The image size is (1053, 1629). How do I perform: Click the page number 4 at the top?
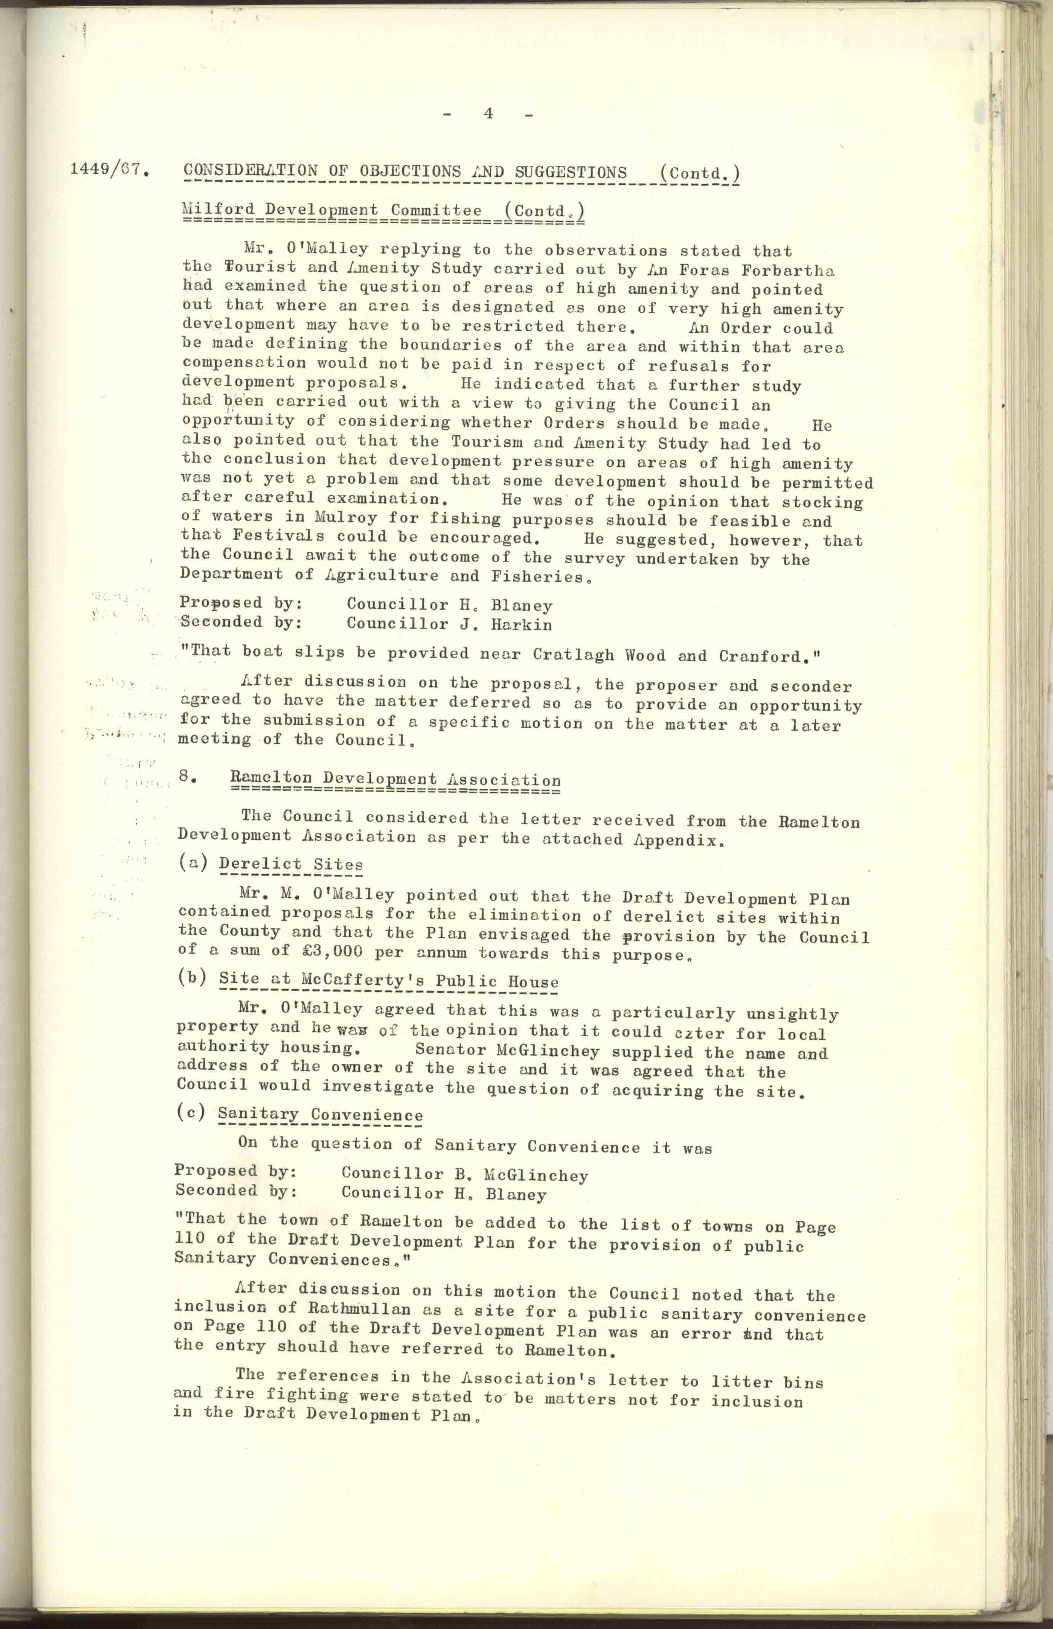(488, 114)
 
